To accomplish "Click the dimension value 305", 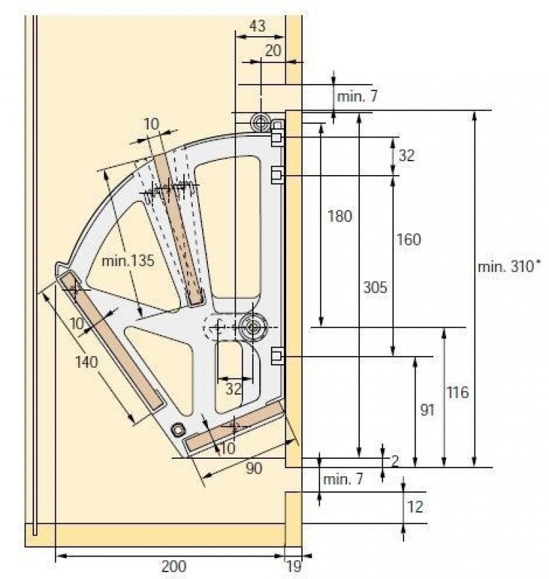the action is (x=375, y=287).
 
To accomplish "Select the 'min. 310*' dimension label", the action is (x=509, y=266).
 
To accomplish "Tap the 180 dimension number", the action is (x=340, y=216).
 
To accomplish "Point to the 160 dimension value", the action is (x=408, y=240).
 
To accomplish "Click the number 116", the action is (x=457, y=392).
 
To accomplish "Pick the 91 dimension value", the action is (x=427, y=410).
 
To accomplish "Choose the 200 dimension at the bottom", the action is (x=174, y=566).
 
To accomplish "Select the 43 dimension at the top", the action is (x=257, y=26).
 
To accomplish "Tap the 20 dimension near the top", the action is (x=273, y=51).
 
